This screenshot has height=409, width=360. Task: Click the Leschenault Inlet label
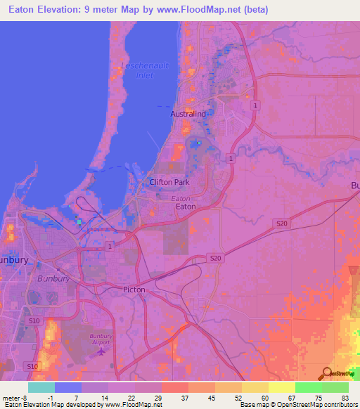143,71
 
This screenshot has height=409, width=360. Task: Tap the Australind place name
188,113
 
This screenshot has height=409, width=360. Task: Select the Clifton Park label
169,182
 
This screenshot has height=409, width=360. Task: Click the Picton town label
134,290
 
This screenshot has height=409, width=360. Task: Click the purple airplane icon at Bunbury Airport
101,351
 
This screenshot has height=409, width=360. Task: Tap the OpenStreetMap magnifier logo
327,375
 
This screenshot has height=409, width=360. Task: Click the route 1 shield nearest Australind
255,105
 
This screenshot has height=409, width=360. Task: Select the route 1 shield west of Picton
110,247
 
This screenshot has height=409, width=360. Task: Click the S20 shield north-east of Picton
216,259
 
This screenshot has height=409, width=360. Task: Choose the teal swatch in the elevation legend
41,387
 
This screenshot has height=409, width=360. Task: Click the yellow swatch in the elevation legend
281,387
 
